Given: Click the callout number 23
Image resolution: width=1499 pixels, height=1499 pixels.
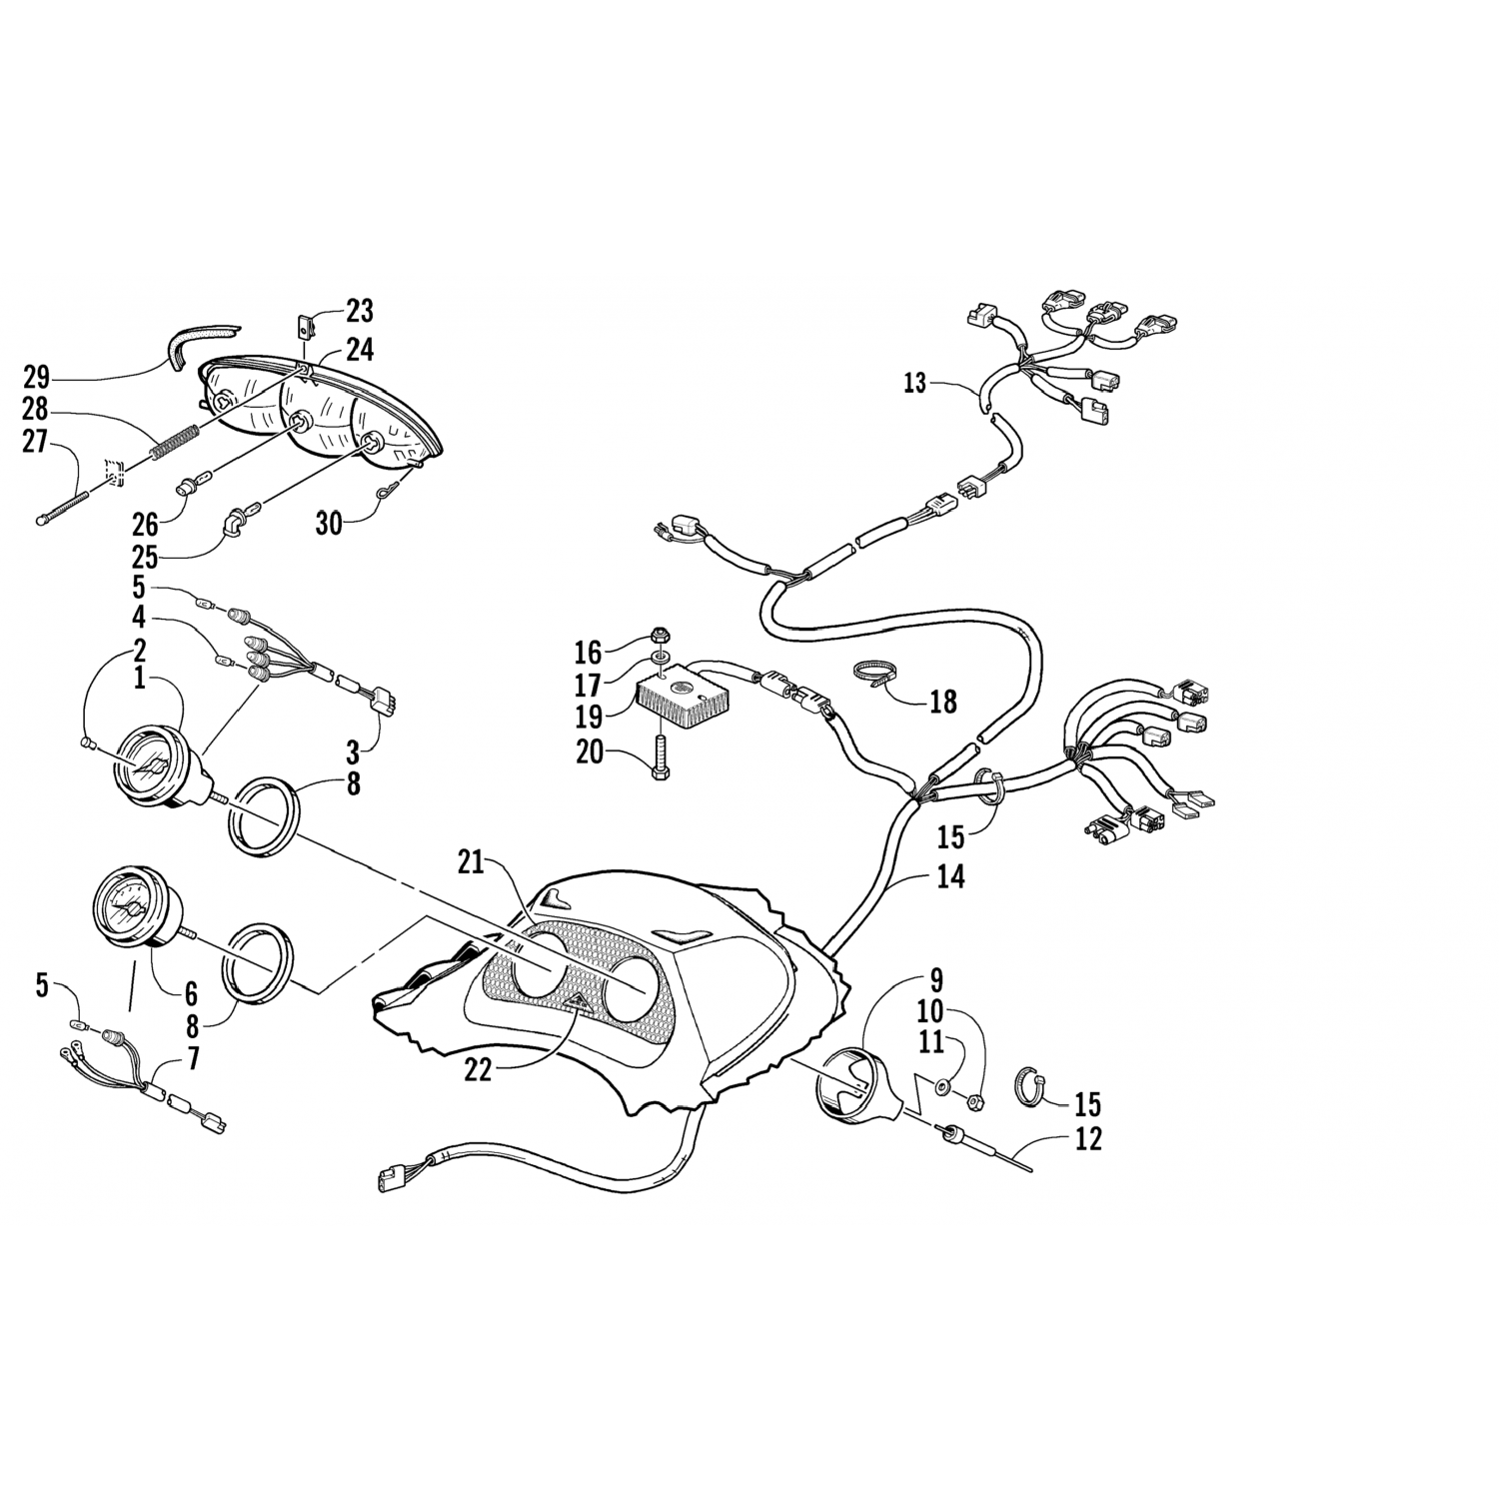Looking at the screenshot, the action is tap(360, 311).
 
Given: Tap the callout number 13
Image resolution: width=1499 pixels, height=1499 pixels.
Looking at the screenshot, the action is tap(915, 383).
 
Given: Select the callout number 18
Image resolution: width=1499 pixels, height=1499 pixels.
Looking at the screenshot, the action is tap(942, 702).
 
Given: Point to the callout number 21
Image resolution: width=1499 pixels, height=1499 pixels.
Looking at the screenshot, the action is tap(471, 861).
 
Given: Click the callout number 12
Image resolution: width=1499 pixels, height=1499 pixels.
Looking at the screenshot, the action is tap(1088, 1138).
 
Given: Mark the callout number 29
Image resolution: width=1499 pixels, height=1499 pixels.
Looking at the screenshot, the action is tap(37, 377).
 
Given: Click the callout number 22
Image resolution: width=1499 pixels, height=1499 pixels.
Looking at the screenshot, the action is tap(479, 1068).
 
